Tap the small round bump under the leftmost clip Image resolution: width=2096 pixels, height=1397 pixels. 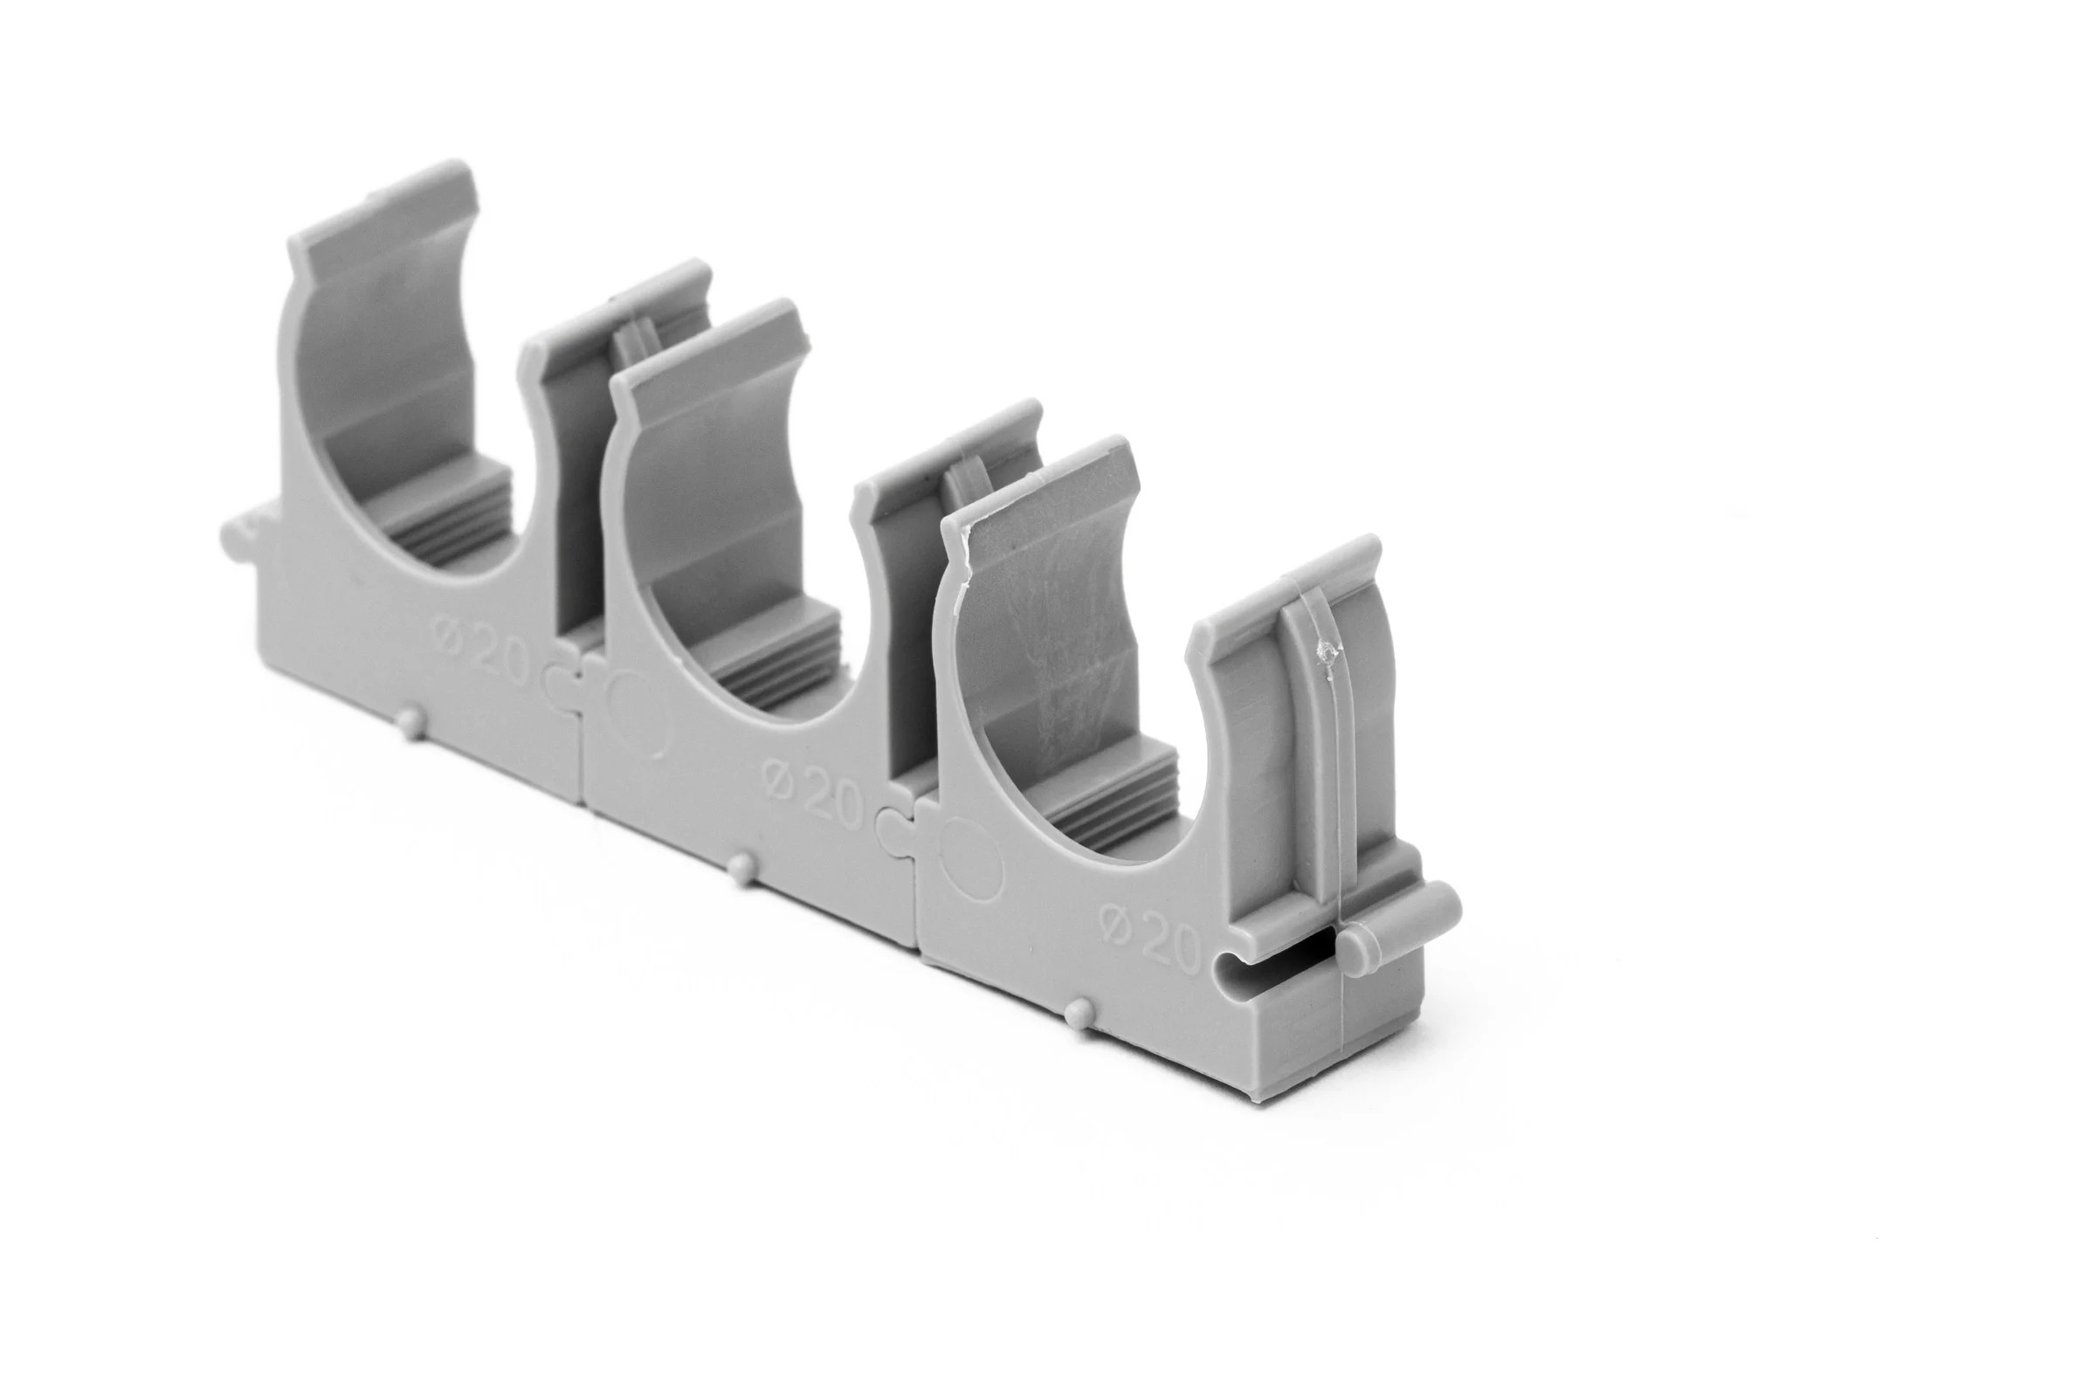click(x=409, y=719)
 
